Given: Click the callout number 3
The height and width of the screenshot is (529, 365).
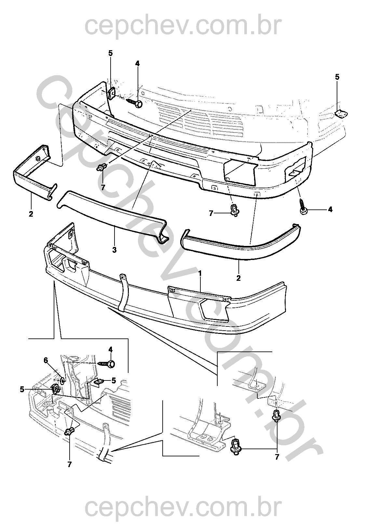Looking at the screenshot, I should coord(115,250).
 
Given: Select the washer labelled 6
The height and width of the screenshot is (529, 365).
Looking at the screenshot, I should coord(62,379).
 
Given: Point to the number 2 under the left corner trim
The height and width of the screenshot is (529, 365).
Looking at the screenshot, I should coord(31,214).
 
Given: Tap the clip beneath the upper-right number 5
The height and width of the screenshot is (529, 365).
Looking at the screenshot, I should coord(341,114).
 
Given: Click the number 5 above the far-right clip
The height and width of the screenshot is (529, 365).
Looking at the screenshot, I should coord(337,77).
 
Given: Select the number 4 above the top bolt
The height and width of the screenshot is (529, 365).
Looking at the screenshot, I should coord(137,64).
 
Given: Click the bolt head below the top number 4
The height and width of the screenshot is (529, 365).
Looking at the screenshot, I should coord(138,104).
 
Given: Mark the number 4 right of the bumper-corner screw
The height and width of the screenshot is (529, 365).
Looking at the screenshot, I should coord(330,209).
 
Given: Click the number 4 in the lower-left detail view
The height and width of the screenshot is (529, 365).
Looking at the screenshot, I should coord(111,350).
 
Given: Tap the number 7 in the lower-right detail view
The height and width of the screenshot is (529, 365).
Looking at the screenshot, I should coord(277,457).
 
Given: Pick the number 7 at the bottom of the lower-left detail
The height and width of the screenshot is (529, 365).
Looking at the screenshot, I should coord(70,465).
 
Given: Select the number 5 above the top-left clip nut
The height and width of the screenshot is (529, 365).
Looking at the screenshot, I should coord(111,53).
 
